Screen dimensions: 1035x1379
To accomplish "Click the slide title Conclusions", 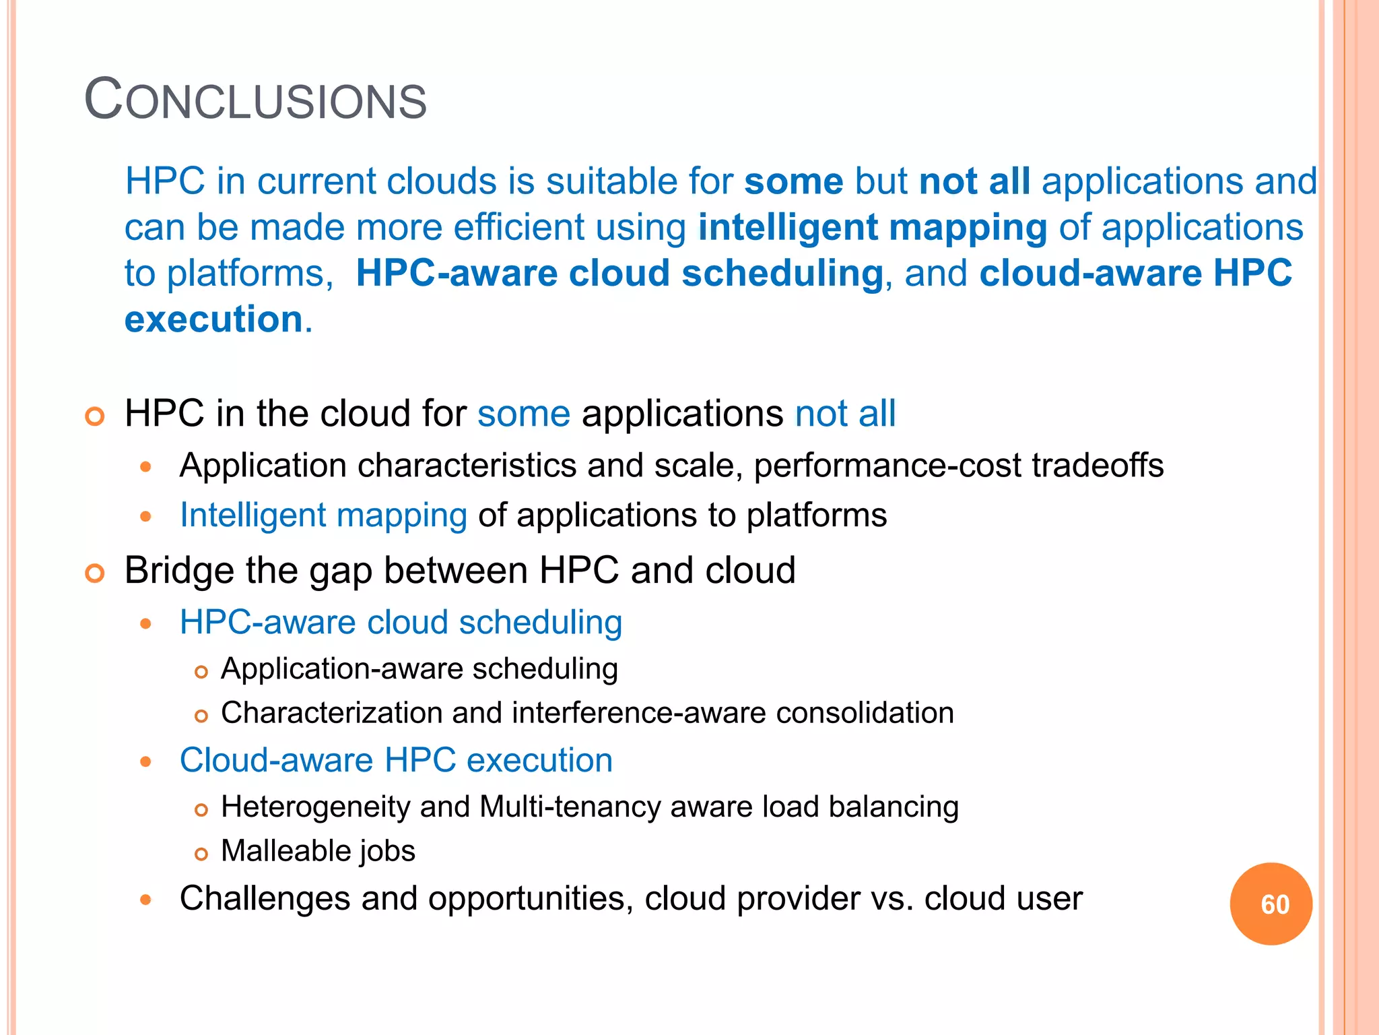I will pyautogui.click(x=255, y=100).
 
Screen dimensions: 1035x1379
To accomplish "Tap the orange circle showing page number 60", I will pyautogui.click(x=1271, y=904).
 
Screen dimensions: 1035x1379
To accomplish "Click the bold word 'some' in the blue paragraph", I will pyautogui.click(x=793, y=181).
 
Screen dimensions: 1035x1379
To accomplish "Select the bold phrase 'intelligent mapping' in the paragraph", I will pyautogui.click(x=872, y=227).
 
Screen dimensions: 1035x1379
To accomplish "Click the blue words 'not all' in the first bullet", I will pyautogui.click(x=845, y=413).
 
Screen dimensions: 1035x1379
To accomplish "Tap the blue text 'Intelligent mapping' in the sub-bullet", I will pyautogui.click(x=323, y=515).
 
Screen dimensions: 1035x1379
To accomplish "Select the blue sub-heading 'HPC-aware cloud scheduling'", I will pyautogui.click(x=401, y=622).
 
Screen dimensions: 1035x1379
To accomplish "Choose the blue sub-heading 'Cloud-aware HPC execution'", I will pyautogui.click(x=396, y=760).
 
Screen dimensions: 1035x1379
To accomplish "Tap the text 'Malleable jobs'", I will pyautogui.click(x=318, y=850).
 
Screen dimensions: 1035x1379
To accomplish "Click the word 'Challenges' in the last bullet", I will pyautogui.click(x=265, y=898).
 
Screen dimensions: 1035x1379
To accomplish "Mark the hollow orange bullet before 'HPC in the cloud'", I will pyautogui.click(x=95, y=416).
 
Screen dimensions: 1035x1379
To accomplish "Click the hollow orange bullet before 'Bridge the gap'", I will pyautogui.click(x=95, y=573).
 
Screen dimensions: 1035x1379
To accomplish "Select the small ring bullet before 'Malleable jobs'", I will pyautogui.click(x=201, y=854).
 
